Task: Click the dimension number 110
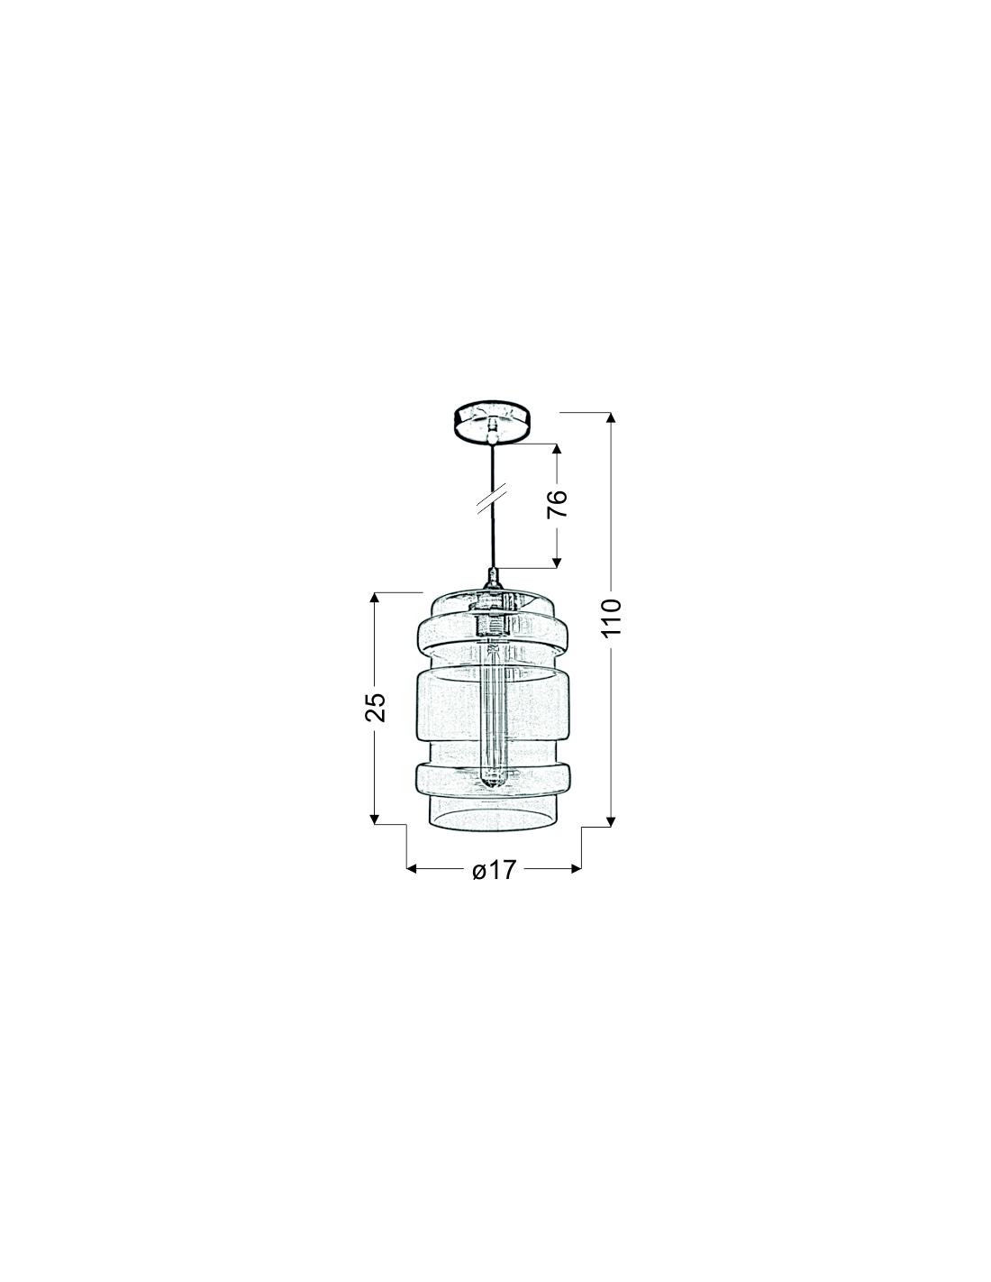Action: click(612, 617)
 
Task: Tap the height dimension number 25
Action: click(375, 706)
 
